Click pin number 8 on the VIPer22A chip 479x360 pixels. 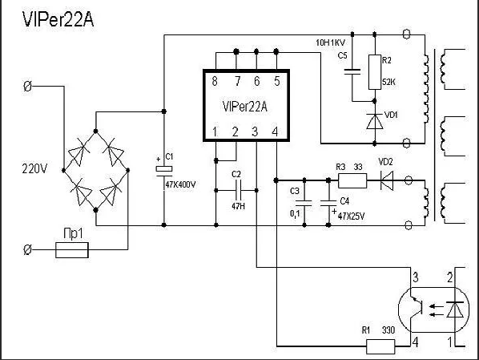tap(215, 81)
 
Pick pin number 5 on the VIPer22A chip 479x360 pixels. tap(276, 81)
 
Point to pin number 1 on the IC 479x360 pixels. tap(215, 131)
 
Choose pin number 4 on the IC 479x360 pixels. tap(276, 131)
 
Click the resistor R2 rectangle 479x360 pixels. tap(372, 72)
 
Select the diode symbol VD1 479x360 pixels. tap(373, 119)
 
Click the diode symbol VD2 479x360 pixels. tap(386, 180)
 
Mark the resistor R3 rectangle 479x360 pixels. tap(352, 180)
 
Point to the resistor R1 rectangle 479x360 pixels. tap(380, 346)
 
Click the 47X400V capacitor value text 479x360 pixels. tap(180, 184)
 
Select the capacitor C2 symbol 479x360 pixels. tap(235, 190)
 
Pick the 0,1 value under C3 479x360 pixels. tap(295, 215)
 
